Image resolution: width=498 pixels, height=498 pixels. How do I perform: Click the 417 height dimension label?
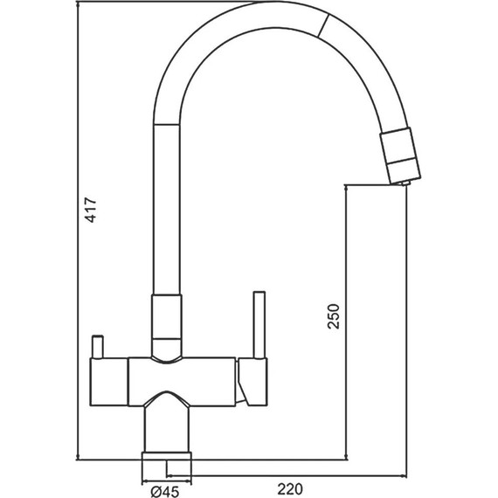pyautogui.click(x=91, y=210)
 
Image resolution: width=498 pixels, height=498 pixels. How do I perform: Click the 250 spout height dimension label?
pyautogui.click(x=334, y=316)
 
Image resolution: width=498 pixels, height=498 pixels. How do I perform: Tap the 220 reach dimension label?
pyautogui.click(x=290, y=489)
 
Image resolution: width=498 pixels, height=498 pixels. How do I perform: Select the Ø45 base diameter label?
pyautogui.click(x=165, y=492)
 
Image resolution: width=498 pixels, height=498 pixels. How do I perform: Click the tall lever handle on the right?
pyautogui.click(x=259, y=325)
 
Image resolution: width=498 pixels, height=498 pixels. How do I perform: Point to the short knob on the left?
pyautogui.click(x=97, y=347)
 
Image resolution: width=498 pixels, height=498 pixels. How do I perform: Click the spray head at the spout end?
pyautogui.click(x=400, y=156)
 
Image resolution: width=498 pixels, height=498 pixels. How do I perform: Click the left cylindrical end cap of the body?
pyautogui.click(x=109, y=382)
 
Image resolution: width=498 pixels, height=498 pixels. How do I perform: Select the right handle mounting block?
pyautogui.click(x=253, y=382)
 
